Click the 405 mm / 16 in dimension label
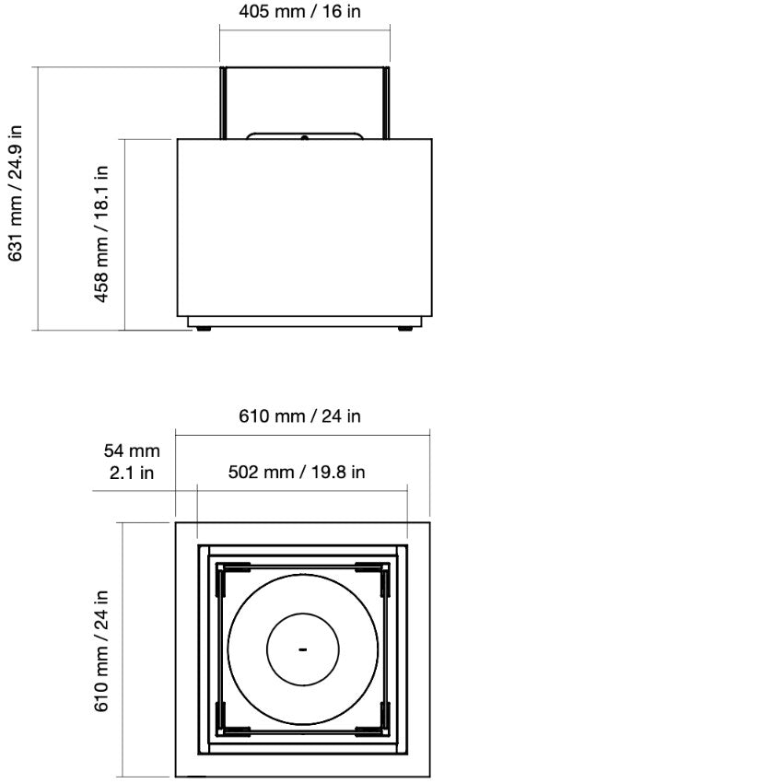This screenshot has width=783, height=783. [x=300, y=13]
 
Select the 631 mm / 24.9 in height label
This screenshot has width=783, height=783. [x=16, y=193]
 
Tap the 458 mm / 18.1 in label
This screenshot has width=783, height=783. [x=102, y=234]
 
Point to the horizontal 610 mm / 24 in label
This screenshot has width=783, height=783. [x=300, y=416]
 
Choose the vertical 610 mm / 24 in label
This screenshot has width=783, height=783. [x=102, y=650]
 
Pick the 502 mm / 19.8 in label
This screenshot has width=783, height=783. [x=297, y=473]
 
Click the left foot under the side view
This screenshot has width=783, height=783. [x=203, y=329]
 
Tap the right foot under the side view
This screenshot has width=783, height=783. [x=404, y=329]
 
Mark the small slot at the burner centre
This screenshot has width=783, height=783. [x=302, y=650]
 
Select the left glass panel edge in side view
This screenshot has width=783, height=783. [x=222, y=101]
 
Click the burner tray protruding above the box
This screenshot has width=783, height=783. [x=304, y=134]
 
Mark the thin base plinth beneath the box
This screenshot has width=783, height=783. [x=304, y=321]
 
